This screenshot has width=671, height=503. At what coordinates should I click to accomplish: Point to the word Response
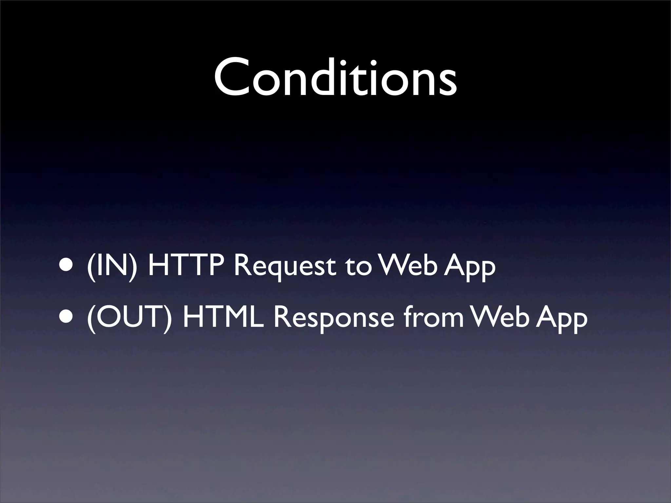(x=333, y=319)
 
